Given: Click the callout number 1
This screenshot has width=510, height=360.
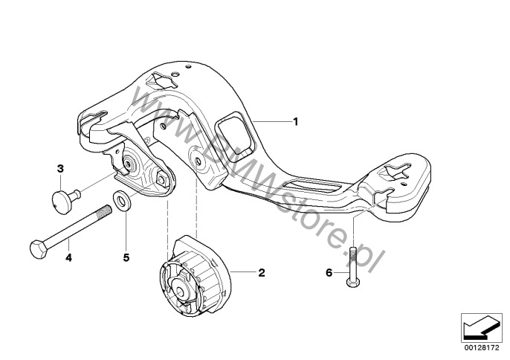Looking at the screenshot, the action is tap(295, 122).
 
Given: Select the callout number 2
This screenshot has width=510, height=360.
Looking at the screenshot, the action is tap(262, 272).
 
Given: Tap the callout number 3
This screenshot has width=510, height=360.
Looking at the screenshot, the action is tap(60, 169).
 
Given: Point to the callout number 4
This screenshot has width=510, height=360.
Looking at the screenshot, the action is tap(68, 257).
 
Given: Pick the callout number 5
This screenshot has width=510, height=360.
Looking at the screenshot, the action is tap(126, 257).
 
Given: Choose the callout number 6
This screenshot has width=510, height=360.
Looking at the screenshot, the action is tap(329, 272).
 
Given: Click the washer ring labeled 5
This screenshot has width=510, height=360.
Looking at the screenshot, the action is tap(122, 200).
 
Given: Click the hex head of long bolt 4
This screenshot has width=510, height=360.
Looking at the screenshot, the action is tap(39, 249).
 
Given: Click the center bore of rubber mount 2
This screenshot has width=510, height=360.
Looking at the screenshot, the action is tap(180, 290).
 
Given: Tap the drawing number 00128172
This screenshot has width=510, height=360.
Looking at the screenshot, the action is tap(482, 348).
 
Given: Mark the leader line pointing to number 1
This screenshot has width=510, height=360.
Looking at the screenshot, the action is tap(272, 121).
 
